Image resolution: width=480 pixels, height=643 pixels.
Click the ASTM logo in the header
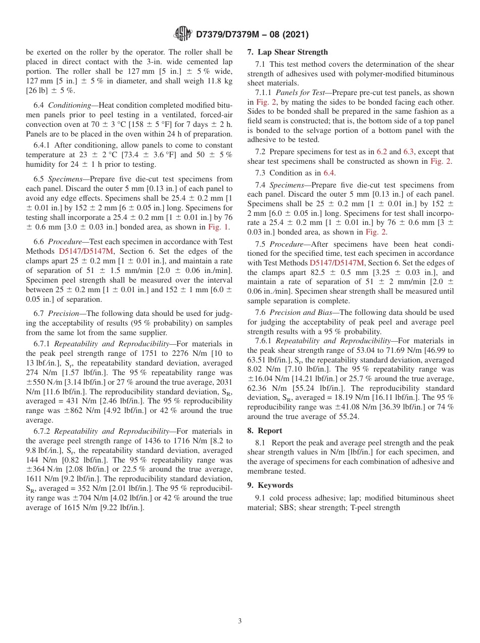pyautogui.click(x=182, y=34)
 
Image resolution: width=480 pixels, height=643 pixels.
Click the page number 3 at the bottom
pyautogui.click(x=240, y=621)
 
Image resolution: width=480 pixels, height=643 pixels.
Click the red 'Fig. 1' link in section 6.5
pyautogui.click(x=219, y=227)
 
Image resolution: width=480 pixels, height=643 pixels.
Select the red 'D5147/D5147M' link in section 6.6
pyautogui.click(x=86, y=251)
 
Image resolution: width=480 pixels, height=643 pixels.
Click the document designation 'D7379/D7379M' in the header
pyautogui.click(x=230, y=34)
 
